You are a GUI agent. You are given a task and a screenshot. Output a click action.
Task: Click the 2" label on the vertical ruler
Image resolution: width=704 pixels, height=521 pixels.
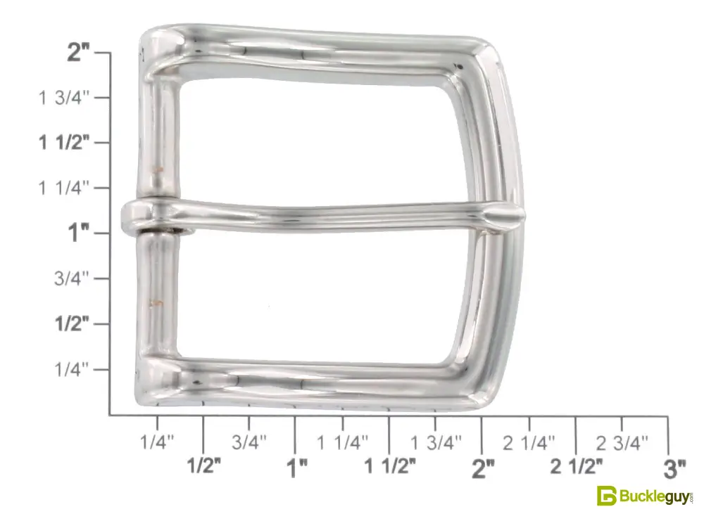click(x=79, y=53)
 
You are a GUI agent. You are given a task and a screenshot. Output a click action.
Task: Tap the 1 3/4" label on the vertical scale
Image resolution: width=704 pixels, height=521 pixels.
click(x=64, y=97)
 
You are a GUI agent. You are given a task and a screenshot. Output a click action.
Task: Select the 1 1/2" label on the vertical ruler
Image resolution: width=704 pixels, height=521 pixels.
click(x=64, y=143)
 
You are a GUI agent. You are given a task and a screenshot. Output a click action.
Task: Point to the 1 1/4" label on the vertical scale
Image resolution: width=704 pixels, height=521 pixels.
click(x=64, y=188)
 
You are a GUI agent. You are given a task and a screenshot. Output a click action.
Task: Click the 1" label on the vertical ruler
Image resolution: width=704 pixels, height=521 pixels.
click(x=79, y=233)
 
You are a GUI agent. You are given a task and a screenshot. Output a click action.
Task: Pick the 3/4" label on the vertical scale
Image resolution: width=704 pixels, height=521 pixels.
click(x=72, y=278)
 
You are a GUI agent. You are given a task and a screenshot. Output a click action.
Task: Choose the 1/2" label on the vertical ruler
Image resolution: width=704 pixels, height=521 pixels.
click(x=72, y=323)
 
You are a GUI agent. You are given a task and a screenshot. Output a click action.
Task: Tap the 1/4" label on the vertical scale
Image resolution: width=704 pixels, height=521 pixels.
click(x=72, y=369)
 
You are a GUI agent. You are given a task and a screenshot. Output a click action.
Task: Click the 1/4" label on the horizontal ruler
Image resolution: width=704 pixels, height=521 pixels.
click(x=157, y=442)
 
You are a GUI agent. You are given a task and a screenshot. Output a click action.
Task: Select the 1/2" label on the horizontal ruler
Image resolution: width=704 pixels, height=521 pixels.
click(x=204, y=465)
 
